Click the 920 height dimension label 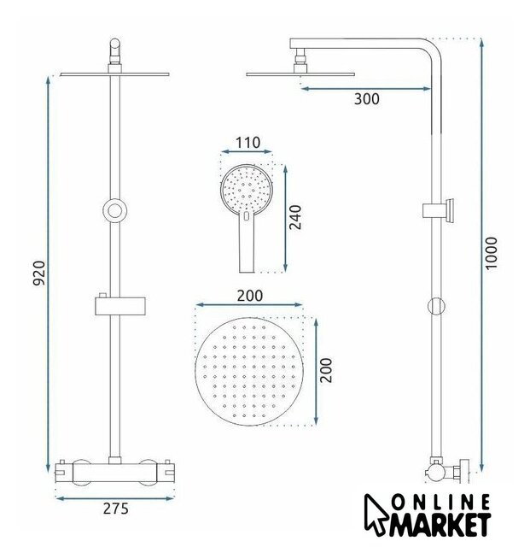pos(39,273)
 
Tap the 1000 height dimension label pos(492,253)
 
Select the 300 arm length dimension pos(367,99)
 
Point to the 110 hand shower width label pos(248,143)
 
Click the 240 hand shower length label pos(296,217)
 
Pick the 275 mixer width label pos(116,509)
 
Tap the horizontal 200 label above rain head pos(249,296)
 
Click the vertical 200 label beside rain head pos(326,370)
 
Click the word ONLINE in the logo pos(440,503)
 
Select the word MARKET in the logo pos(440,524)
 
